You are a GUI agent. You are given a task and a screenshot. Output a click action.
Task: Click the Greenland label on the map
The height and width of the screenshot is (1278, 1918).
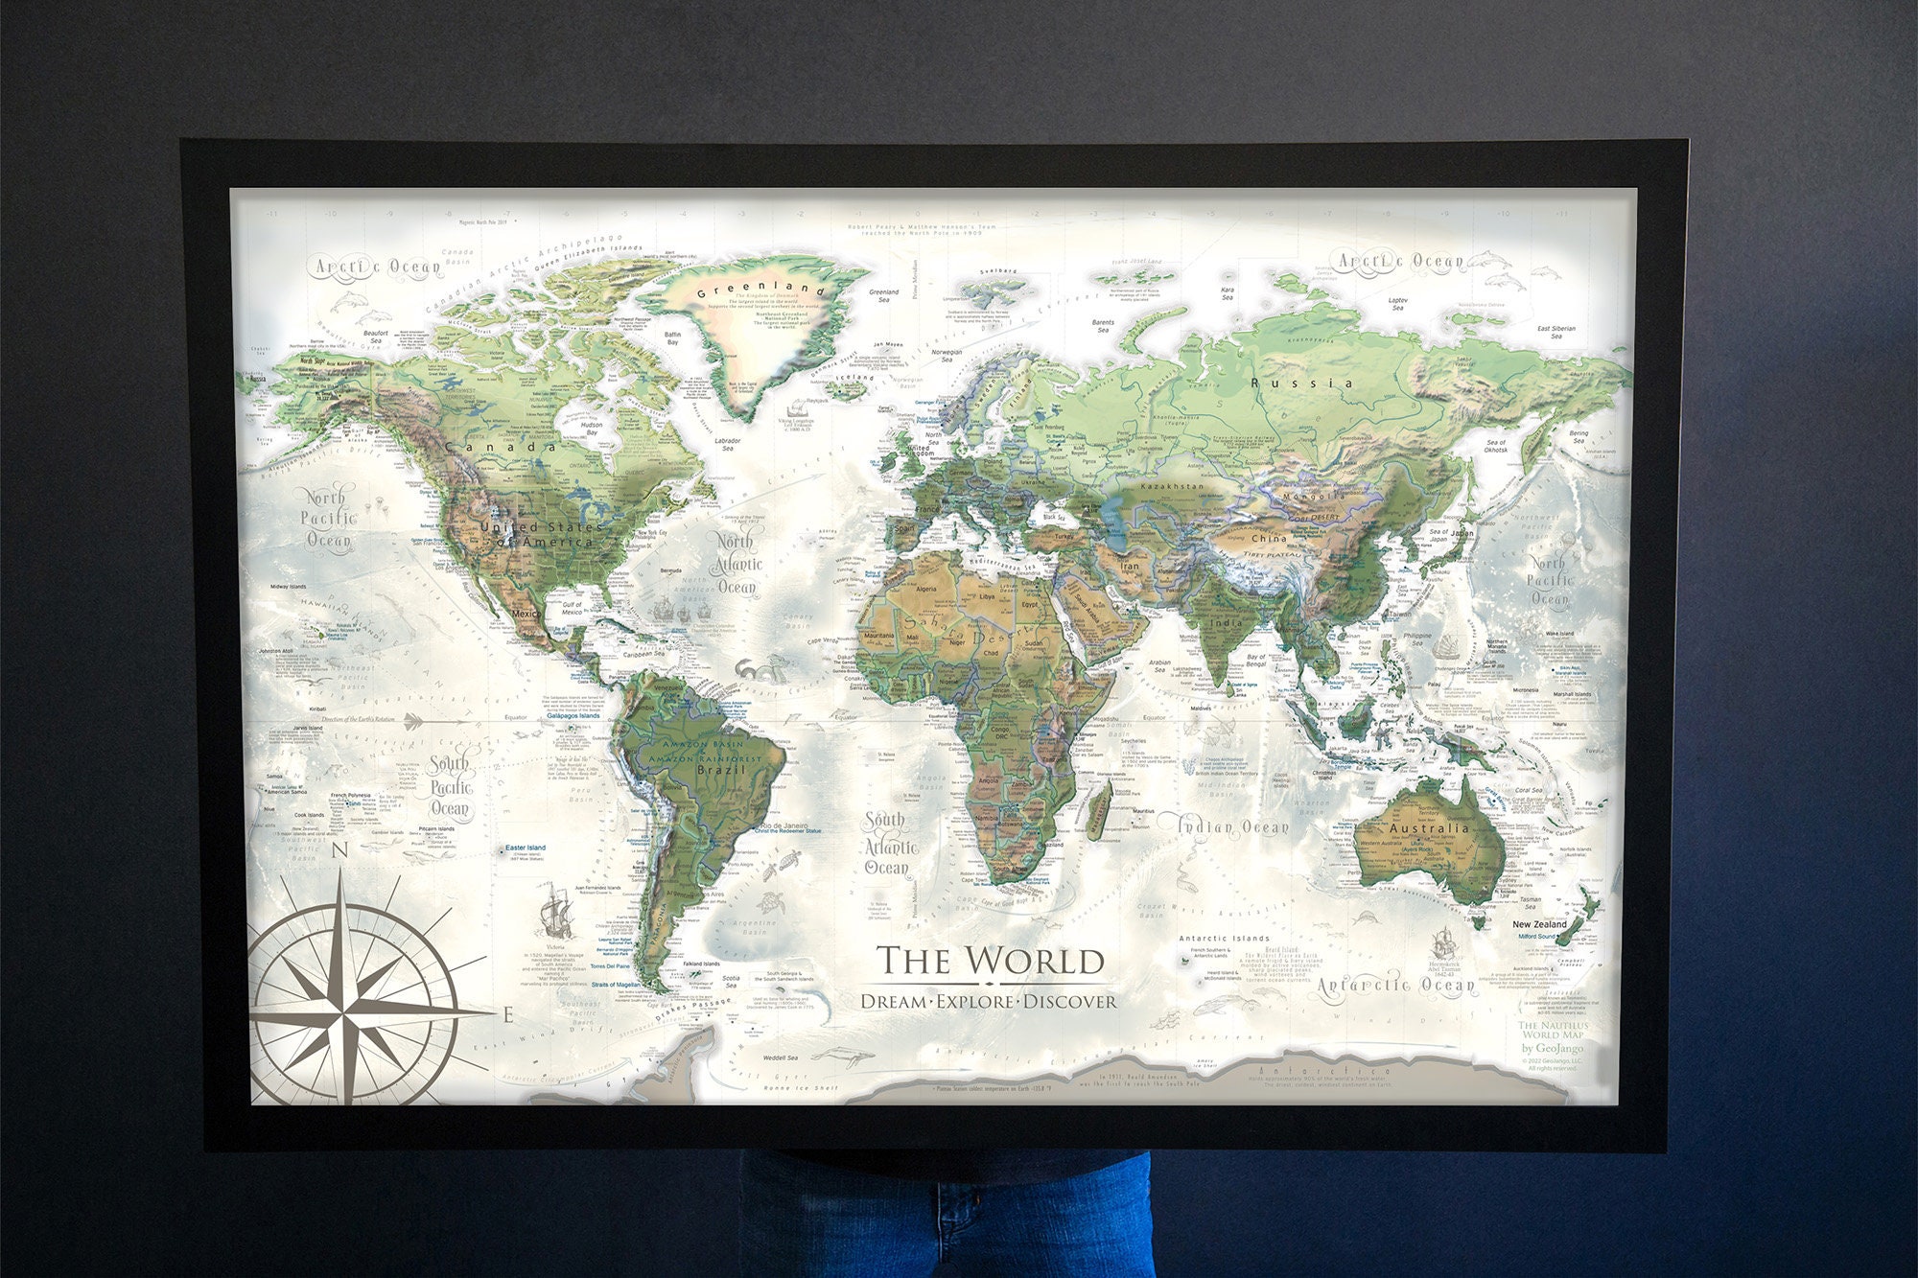coord(760,290)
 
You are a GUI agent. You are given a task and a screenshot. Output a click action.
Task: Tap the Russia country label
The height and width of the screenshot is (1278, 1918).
coord(1301,383)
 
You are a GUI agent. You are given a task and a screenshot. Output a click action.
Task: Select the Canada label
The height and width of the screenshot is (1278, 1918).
coord(500,447)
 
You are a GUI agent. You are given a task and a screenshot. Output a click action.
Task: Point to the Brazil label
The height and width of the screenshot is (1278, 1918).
coord(721,770)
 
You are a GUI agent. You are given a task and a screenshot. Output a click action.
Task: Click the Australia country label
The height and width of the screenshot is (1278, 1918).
coord(1428,827)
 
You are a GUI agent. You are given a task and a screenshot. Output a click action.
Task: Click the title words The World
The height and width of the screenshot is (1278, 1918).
coord(991,961)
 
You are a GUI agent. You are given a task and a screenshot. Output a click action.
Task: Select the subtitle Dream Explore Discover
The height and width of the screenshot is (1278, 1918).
coord(989,1002)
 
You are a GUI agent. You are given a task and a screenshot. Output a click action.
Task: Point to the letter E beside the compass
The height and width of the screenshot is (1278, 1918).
coord(508,1015)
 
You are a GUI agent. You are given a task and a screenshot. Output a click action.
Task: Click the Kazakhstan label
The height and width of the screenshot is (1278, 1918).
coord(1166,486)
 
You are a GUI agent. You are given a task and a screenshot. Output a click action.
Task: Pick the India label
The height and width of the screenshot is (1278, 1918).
coord(1226,622)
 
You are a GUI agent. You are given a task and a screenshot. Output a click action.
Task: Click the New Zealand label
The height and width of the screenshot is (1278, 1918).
coord(1539,924)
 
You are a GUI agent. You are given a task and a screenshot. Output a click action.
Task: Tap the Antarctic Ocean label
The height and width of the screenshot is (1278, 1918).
coord(1395,985)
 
